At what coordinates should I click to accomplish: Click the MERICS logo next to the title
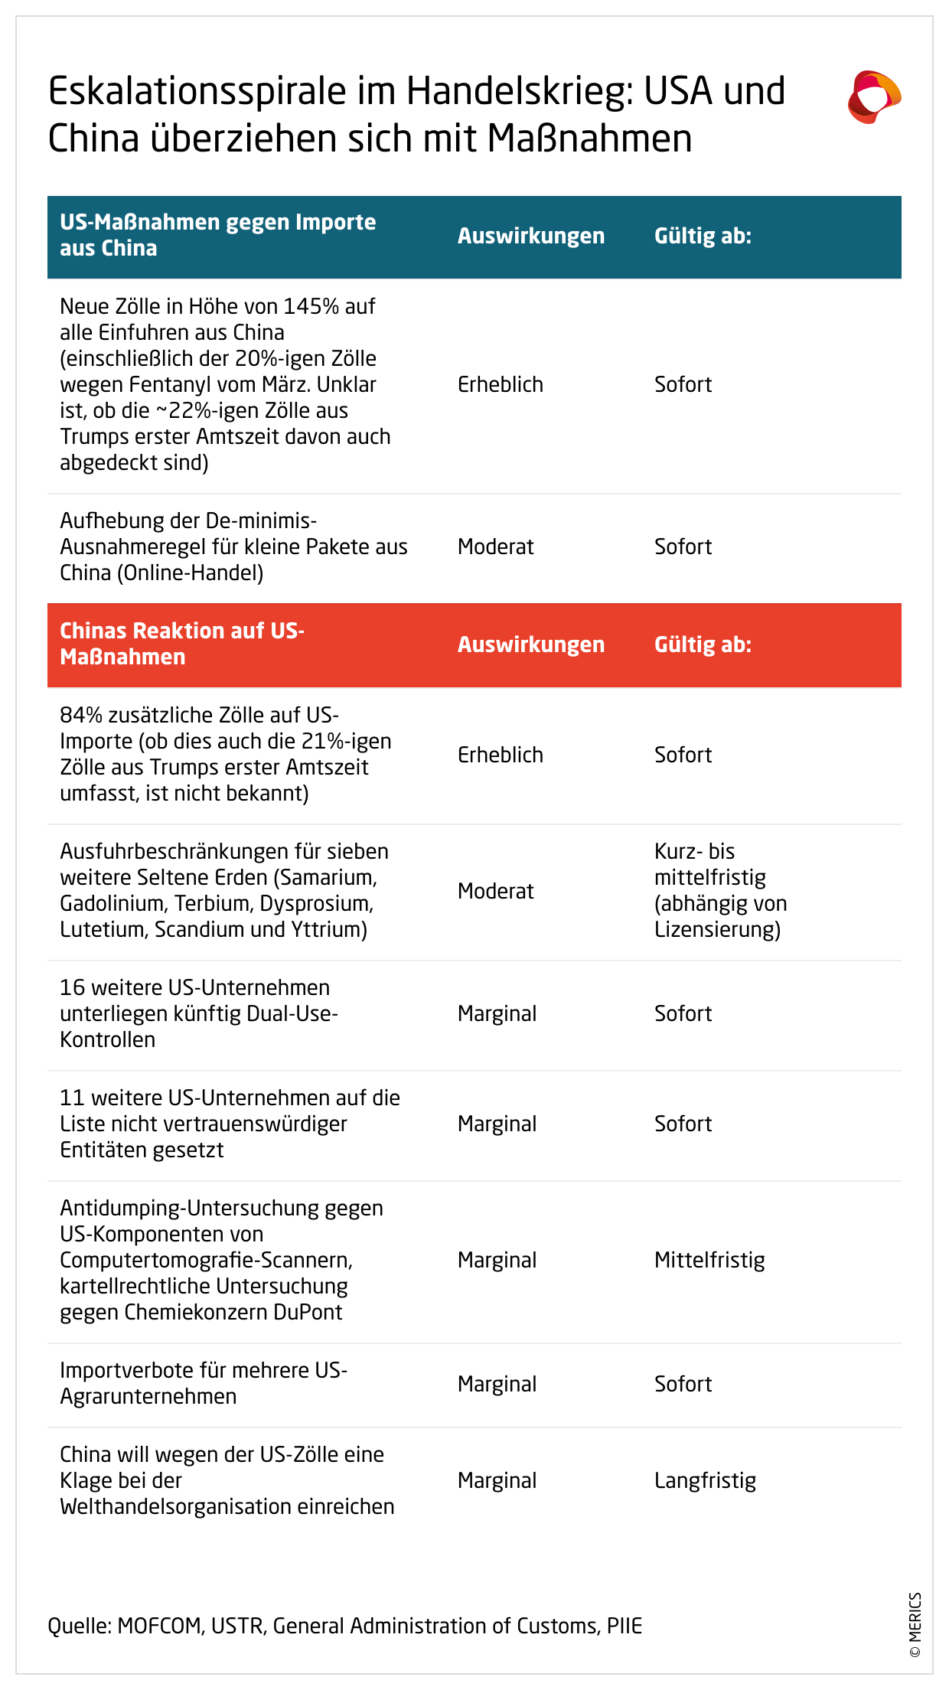click(x=874, y=97)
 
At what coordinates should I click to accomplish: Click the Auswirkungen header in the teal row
click(x=530, y=237)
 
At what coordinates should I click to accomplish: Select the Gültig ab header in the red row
click(x=703, y=645)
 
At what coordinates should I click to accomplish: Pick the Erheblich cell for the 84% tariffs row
click(x=500, y=755)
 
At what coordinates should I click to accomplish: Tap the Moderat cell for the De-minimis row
click(x=495, y=547)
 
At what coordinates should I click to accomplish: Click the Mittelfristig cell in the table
click(x=709, y=1261)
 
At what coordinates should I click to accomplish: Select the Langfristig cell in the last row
click(x=705, y=1481)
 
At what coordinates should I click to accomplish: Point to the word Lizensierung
click(x=717, y=930)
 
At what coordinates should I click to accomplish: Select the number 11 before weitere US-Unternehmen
click(x=72, y=1098)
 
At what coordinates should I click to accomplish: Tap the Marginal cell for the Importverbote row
click(x=497, y=1385)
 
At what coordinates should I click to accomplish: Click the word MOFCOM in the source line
click(x=160, y=1626)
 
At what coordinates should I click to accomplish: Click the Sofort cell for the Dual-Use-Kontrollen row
click(x=683, y=1014)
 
